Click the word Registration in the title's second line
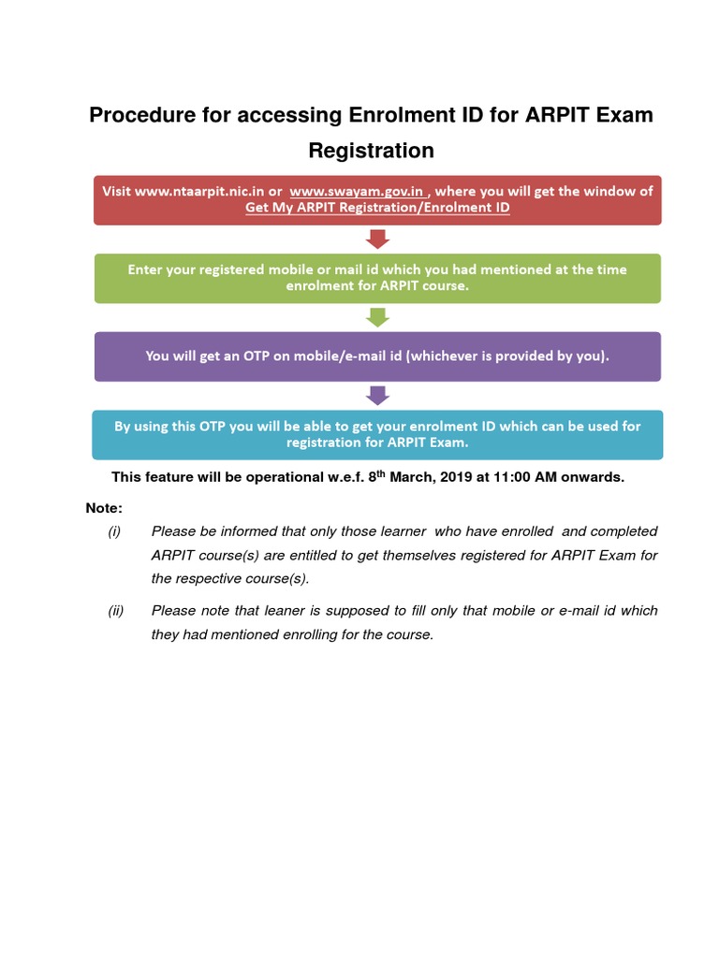coord(372,150)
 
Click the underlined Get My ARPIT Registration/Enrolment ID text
coord(377,208)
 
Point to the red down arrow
coord(377,239)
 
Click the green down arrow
coord(377,317)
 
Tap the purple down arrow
coord(377,395)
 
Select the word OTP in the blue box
coord(212,426)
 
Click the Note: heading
coord(103,507)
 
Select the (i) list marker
coord(114,531)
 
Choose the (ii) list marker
coord(115,611)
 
